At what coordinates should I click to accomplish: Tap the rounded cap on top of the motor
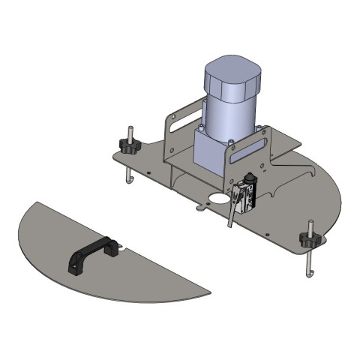[232, 76]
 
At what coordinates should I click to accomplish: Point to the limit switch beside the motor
[245, 194]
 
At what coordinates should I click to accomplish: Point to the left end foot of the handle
[75, 265]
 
